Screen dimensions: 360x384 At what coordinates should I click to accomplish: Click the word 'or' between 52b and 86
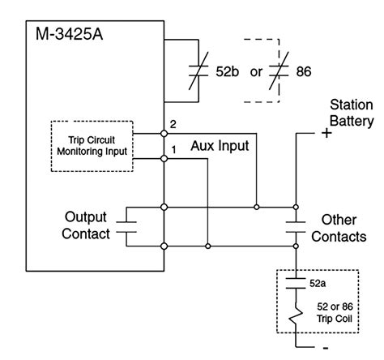256,72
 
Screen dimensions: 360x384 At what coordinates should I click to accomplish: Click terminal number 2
173,123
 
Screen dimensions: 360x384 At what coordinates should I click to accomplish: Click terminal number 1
173,150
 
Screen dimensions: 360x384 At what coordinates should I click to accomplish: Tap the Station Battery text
351,114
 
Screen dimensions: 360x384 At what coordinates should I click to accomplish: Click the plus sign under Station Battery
326,134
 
